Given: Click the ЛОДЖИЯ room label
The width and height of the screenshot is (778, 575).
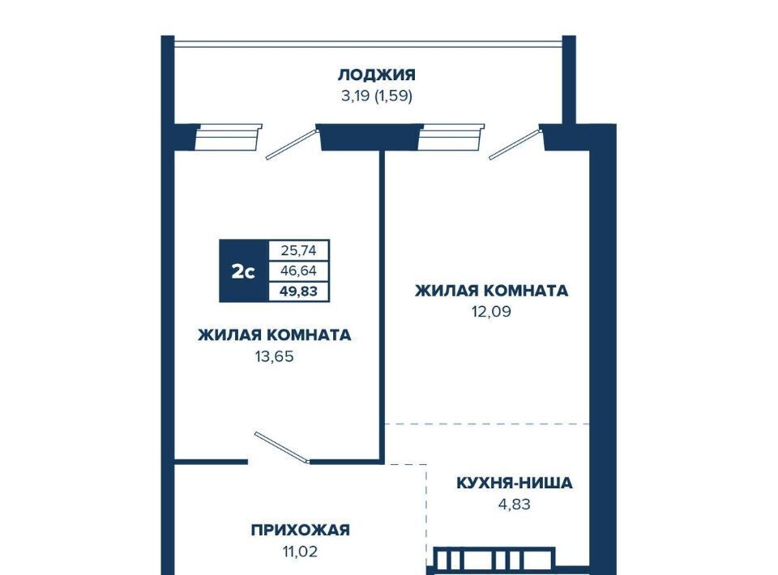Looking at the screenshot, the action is tap(377, 75).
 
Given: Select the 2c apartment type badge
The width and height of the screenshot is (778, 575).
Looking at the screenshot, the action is tap(244, 271).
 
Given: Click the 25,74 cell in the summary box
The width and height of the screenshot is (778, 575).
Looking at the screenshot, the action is tap(299, 250).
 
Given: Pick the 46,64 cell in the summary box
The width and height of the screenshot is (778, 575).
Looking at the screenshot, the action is tap(299, 270).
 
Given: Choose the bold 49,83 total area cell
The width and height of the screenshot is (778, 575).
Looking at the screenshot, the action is tap(299, 291).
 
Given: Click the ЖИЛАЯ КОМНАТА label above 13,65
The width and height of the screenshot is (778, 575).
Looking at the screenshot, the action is tap(275, 335).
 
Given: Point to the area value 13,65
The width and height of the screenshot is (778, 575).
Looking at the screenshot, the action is tap(275, 356).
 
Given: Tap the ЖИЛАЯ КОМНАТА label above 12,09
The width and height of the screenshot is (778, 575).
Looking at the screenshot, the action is tap(491, 291).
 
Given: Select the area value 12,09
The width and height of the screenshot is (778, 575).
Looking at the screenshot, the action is tap(491, 312).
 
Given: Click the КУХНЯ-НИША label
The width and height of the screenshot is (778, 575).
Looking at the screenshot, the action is tap(515, 483).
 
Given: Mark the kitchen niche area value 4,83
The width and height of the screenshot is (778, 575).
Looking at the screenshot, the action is tap(515, 504).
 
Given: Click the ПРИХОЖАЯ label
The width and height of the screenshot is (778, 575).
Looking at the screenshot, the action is tap(300, 530).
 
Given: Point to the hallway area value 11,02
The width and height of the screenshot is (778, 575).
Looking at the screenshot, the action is tap(300, 552).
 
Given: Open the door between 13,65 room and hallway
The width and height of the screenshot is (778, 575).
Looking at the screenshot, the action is tap(282, 448).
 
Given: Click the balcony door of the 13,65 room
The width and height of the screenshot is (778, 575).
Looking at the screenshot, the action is tap(292, 144).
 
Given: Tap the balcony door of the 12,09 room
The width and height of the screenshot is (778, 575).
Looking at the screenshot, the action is tap(515, 144).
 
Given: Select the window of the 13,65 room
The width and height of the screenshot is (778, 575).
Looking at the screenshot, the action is tap(228, 138).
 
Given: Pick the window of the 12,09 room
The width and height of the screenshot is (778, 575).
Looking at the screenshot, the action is tap(451, 138).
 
